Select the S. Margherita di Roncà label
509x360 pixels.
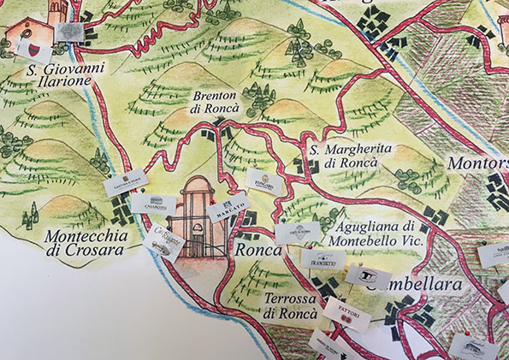pos(351,156)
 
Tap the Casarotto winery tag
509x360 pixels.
pos(154,204)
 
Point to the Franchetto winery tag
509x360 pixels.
pos(323,261)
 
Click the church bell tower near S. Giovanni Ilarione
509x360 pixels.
pos(57,11)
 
